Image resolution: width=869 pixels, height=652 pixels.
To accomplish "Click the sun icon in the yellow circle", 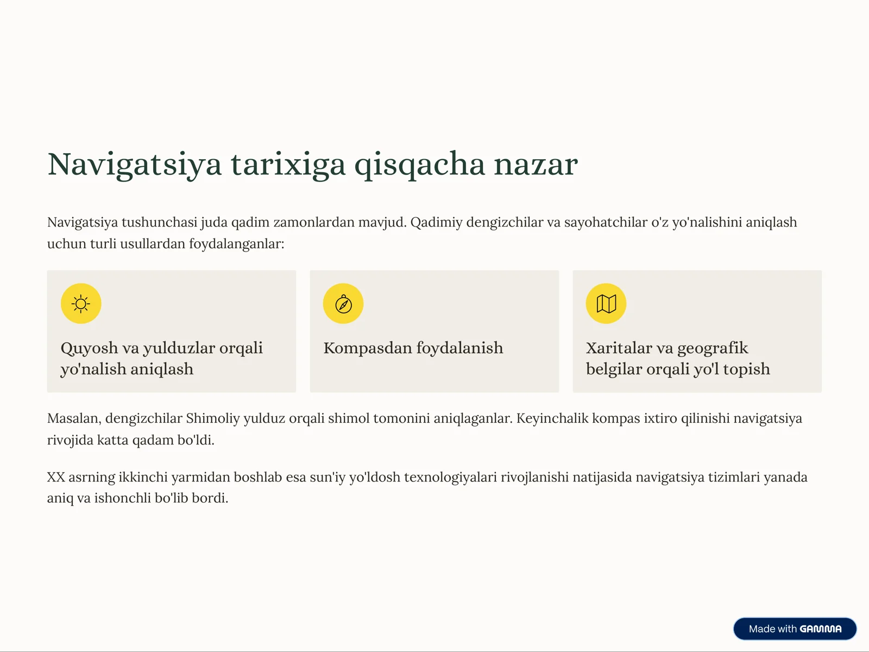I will pyautogui.click(x=81, y=304).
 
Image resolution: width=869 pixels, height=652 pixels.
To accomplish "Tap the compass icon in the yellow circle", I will pyautogui.click(x=343, y=304).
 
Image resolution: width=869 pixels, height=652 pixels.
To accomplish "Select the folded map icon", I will pyautogui.click(x=606, y=304).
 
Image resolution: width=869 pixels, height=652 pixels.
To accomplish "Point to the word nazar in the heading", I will pyautogui.click(x=535, y=165).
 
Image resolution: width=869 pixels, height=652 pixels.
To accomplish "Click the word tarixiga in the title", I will pyautogui.click(x=288, y=165).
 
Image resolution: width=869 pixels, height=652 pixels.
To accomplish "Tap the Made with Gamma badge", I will pyautogui.click(x=795, y=629).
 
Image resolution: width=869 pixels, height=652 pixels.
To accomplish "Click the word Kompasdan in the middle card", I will pyautogui.click(x=367, y=348).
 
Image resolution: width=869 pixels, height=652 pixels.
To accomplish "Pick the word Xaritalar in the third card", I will pyautogui.click(x=619, y=348).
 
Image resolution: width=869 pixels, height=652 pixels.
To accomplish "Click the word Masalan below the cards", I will pyautogui.click(x=73, y=418).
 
